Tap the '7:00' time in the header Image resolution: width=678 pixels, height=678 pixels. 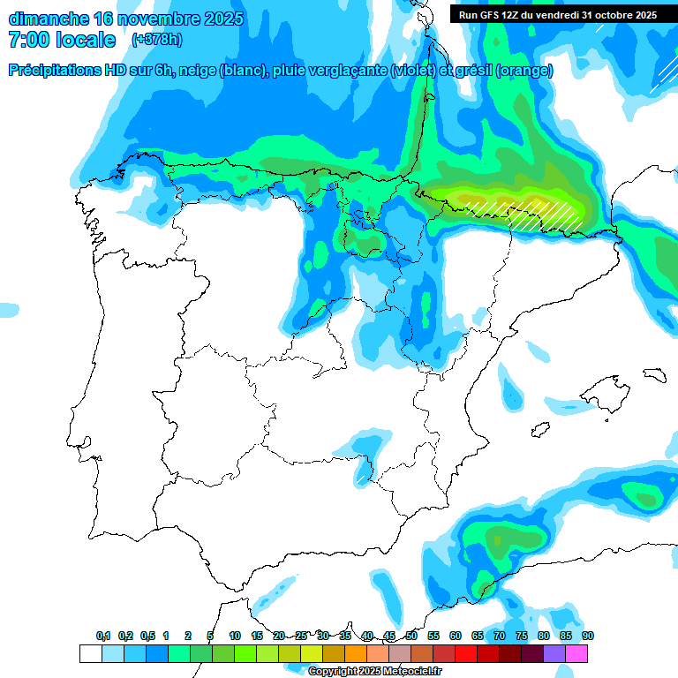[x=26, y=40]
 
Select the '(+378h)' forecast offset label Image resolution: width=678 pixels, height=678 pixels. [x=157, y=40]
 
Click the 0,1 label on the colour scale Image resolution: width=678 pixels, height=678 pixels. [x=103, y=637]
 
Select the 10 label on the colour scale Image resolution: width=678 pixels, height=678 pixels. [x=235, y=637]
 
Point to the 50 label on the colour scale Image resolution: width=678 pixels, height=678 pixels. [x=411, y=637]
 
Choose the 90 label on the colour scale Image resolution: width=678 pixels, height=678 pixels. [x=588, y=637]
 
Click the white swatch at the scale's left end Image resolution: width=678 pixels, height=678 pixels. [x=90, y=653]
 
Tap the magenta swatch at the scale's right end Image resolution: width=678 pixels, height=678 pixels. [x=576, y=653]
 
